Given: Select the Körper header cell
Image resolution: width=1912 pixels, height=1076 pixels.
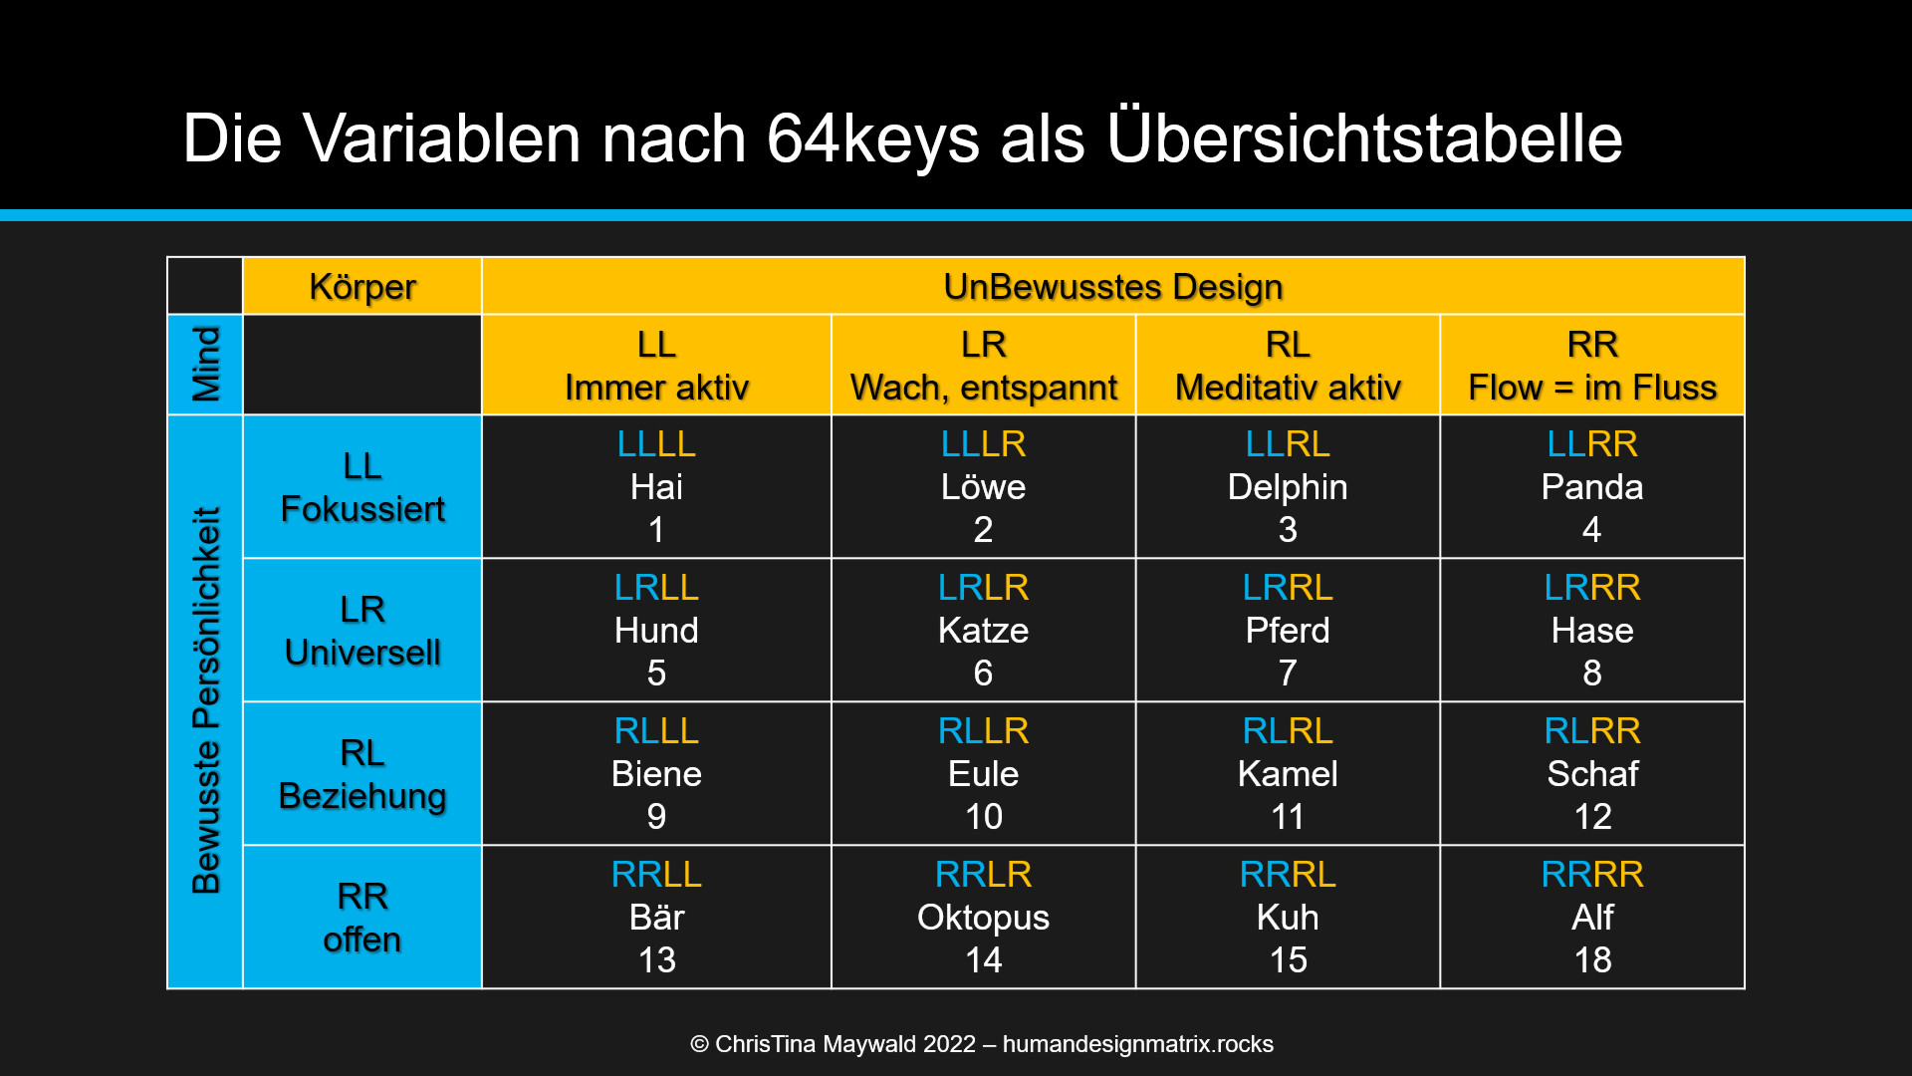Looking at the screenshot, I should coord(362,287).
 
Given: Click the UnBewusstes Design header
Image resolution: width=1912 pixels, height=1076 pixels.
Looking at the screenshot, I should coord(1112,287).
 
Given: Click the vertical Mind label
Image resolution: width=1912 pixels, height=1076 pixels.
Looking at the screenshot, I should coord(205,365).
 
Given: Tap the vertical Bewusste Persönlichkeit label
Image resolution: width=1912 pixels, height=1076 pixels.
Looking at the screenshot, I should coord(205,700).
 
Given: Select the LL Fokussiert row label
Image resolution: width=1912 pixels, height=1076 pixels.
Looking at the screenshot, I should coord(362,487).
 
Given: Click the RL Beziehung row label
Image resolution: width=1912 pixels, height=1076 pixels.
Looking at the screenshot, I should coord(362,774).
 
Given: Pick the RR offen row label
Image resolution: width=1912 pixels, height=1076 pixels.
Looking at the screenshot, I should coord(362,918).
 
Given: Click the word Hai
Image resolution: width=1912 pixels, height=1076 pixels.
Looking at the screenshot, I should coord(656,487).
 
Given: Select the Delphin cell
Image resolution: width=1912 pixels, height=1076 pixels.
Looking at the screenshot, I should coord(1288,487).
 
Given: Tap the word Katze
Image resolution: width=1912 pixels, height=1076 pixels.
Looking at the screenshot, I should coord(983,631).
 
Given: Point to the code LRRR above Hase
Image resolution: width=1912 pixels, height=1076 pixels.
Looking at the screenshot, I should coord(1591,588).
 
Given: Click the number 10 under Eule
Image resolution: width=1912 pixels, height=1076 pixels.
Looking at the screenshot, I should coord(983,817).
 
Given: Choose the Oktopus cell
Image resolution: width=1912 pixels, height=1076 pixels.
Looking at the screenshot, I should coord(983,918).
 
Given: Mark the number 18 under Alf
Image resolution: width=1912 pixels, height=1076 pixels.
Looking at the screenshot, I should coord(1591,960).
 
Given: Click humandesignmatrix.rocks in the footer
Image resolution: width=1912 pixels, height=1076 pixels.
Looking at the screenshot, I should coord(1137,1044).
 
